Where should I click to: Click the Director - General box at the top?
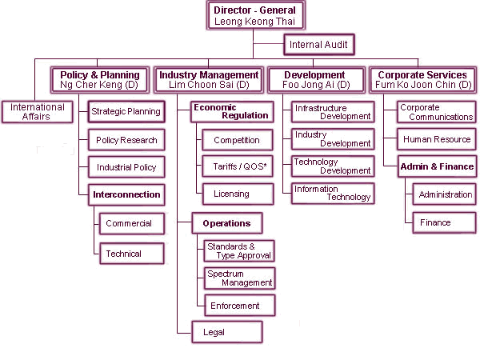coord(256,15)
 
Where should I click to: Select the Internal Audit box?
coord(319,45)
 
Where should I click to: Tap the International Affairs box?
coord(38,112)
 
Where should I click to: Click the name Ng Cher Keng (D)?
coord(99,85)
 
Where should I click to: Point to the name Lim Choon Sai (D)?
coord(209,85)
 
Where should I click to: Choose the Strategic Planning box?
coord(126,112)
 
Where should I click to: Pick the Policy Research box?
coord(126,140)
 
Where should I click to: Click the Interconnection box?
coord(126,194)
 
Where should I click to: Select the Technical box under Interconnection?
coord(132,254)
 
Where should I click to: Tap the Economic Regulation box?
coord(232,112)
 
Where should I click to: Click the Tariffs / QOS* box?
coord(238,166)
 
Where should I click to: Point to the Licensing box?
coord(238,194)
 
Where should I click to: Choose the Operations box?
coord(227,223)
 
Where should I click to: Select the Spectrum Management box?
coord(240,278)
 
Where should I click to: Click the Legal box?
coord(227,332)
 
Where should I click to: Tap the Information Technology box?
coord(333,194)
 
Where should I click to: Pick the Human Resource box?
coord(437,139)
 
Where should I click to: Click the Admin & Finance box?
coord(437,166)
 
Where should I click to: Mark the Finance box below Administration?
coord(445,222)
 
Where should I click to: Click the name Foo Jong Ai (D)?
coord(316,85)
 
